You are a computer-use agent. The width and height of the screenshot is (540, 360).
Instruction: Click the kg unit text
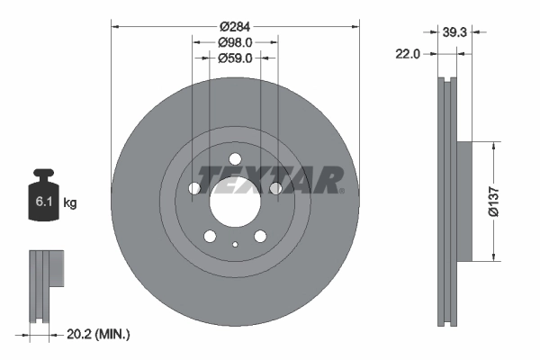(x=70, y=202)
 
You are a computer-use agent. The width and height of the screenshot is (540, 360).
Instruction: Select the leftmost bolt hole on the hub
(x=193, y=188)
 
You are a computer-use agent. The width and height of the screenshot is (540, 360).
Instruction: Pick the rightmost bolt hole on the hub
(x=274, y=188)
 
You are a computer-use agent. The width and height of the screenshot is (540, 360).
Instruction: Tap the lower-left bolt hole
(x=209, y=236)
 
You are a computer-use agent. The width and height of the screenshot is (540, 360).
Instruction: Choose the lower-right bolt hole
(x=259, y=236)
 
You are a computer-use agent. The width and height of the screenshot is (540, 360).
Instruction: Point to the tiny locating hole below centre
(x=234, y=245)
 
